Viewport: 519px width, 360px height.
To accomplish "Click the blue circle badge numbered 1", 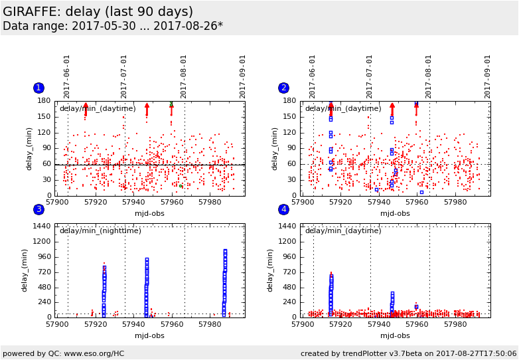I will pyautogui.click(x=38, y=88).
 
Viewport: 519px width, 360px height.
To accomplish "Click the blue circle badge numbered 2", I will pyautogui.click(x=284, y=88).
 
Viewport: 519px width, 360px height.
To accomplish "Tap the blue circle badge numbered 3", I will pyautogui.click(x=38, y=210).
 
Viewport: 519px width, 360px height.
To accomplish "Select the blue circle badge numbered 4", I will pyautogui.click(x=284, y=210).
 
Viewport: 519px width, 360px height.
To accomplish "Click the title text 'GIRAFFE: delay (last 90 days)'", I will pyautogui.click(x=98, y=12).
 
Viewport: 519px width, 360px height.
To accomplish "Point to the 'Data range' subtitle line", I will pyautogui.click(x=113, y=27).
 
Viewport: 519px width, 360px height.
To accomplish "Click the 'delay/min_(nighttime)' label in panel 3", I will pyautogui.click(x=100, y=230).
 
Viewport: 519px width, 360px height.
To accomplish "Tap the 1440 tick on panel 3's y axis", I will pyautogui.click(x=41, y=226).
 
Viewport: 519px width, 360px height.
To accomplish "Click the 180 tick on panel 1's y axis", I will pyautogui.click(x=44, y=101).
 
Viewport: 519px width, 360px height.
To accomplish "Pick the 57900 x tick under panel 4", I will pyautogui.click(x=303, y=324).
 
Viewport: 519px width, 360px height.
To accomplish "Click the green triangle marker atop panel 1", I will pyautogui.click(x=171, y=104).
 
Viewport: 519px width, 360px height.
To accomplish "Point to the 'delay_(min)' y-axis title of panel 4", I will pyautogui.click(x=271, y=271).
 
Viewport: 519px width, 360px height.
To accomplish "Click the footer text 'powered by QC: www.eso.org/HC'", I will pyautogui.click(x=64, y=354).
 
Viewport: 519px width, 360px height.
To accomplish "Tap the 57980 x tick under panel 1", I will pyautogui.click(x=210, y=202).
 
